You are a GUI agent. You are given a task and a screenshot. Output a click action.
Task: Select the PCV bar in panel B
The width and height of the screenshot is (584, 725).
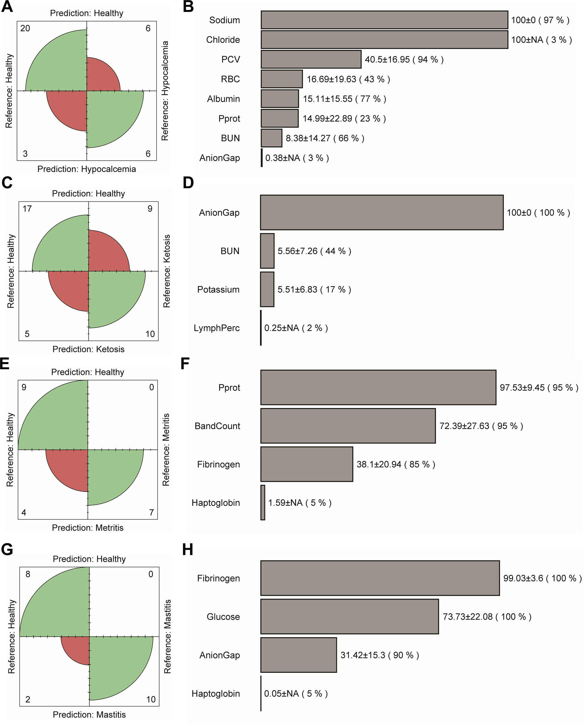(x=311, y=60)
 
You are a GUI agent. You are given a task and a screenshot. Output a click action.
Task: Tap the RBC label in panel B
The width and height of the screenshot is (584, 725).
(x=231, y=79)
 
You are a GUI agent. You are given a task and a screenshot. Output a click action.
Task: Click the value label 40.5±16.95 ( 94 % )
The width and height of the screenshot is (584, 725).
(x=404, y=60)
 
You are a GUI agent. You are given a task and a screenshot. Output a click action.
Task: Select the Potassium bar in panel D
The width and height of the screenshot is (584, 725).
(x=267, y=290)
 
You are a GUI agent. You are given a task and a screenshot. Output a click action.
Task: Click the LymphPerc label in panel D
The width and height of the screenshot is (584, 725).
(x=217, y=328)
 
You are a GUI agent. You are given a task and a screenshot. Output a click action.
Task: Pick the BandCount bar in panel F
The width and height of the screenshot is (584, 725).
(x=348, y=426)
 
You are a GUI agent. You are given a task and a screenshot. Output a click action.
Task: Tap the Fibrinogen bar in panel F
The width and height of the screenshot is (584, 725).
(x=306, y=464)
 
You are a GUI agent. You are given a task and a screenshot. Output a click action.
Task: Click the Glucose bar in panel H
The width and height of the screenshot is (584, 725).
(x=350, y=617)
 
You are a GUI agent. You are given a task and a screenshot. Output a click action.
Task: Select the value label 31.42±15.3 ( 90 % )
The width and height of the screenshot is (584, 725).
(x=380, y=655)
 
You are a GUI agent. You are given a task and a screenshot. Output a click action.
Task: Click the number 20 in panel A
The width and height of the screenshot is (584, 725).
(x=25, y=28)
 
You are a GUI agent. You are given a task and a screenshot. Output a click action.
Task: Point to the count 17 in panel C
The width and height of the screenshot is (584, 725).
(x=27, y=209)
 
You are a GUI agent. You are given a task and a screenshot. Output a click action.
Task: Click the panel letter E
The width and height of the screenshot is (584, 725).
(x=5, y=364)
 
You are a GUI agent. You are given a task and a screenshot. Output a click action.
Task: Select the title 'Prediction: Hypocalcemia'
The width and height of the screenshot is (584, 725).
(x=86, y=169)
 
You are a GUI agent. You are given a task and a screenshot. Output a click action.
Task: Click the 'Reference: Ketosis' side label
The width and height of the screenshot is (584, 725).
(x=166, y=271)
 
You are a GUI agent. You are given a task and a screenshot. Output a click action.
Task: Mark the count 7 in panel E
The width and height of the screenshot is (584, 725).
(x=151, y=513)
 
